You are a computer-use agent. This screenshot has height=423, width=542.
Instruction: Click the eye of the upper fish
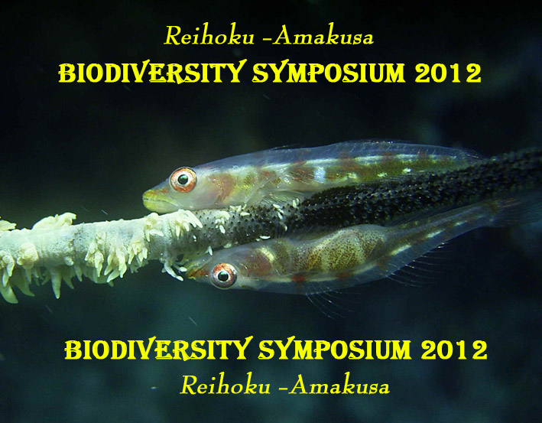[183, 180]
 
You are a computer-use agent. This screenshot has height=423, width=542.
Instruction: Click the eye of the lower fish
[223, 275]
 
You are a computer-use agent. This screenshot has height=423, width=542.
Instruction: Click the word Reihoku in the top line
[209, 35]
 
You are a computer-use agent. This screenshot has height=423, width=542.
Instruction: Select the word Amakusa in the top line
[323, 36]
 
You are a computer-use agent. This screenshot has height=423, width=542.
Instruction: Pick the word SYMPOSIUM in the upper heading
[329, 73]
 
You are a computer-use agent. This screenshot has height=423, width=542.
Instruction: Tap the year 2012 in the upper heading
[448, 73]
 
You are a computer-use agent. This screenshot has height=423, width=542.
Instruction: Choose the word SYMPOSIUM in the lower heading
[335, 350]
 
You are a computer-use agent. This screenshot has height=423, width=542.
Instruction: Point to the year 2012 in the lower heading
[454, 350]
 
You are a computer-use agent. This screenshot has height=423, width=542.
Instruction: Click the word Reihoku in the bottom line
[226, 385]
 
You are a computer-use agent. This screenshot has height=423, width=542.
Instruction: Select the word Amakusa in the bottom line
[339, 385]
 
